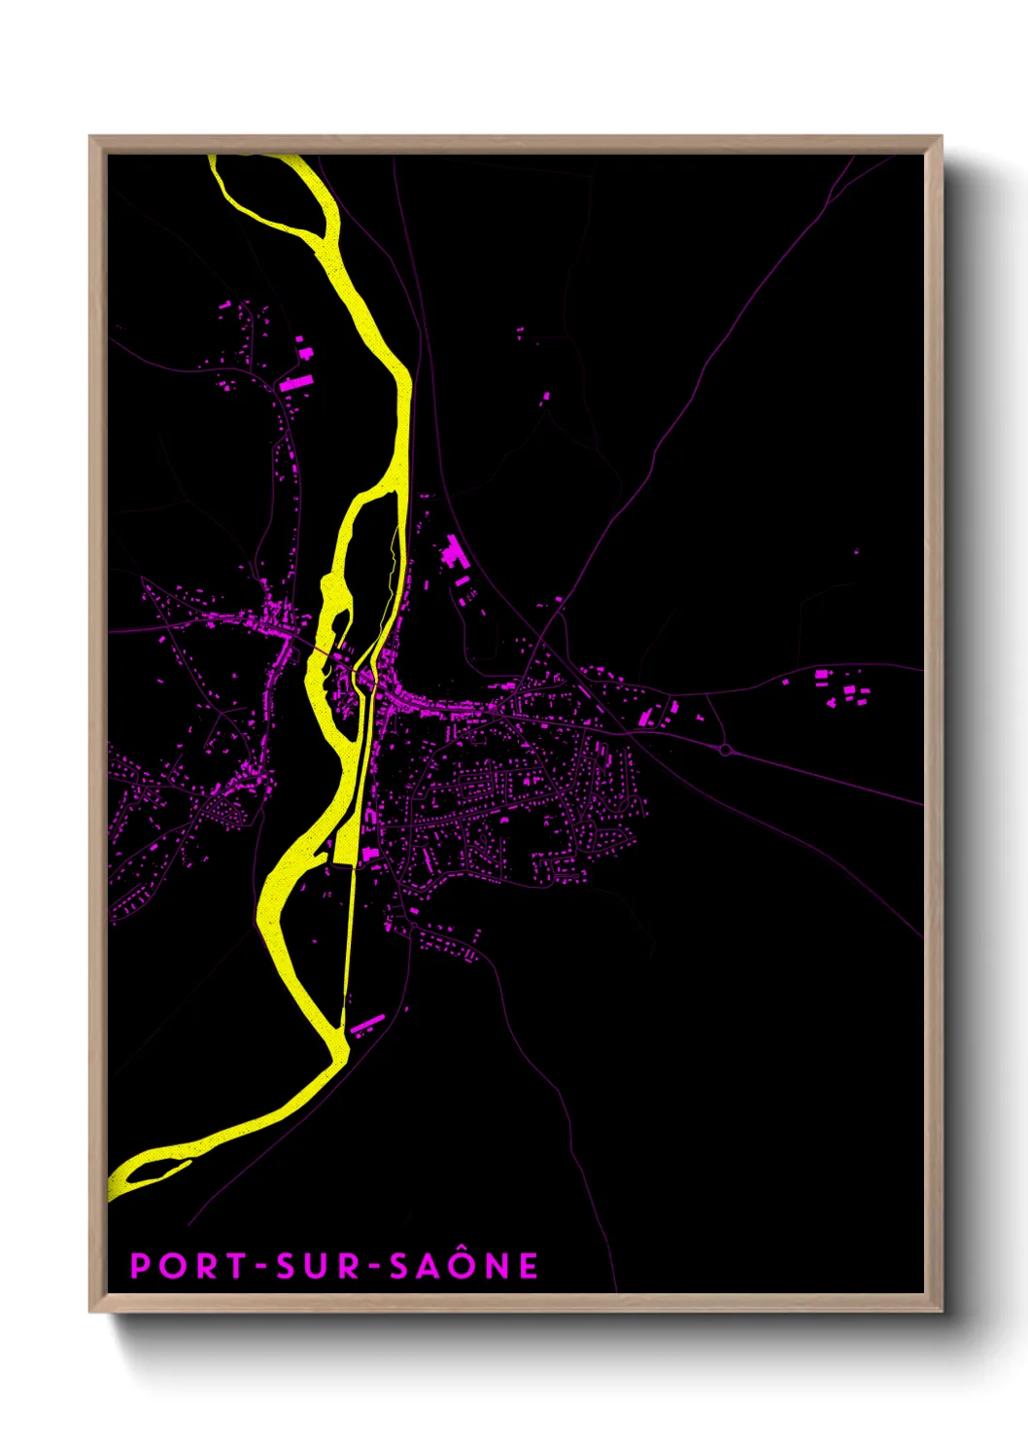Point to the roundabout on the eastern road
pyautogui.click(x=725, y=750)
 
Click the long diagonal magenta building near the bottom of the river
pyautogui.click(x=367, y=1024)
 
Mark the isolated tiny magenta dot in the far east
pyautogui.click(x=856, y=551)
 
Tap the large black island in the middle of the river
pyautogui.click(x=369, y=574)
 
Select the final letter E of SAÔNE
pyautogui.click(x=528, y=1266)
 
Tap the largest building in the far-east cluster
pyautogui.click(x=821, y=674)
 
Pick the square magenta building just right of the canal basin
pyautogui.click(x=369, y=855)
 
